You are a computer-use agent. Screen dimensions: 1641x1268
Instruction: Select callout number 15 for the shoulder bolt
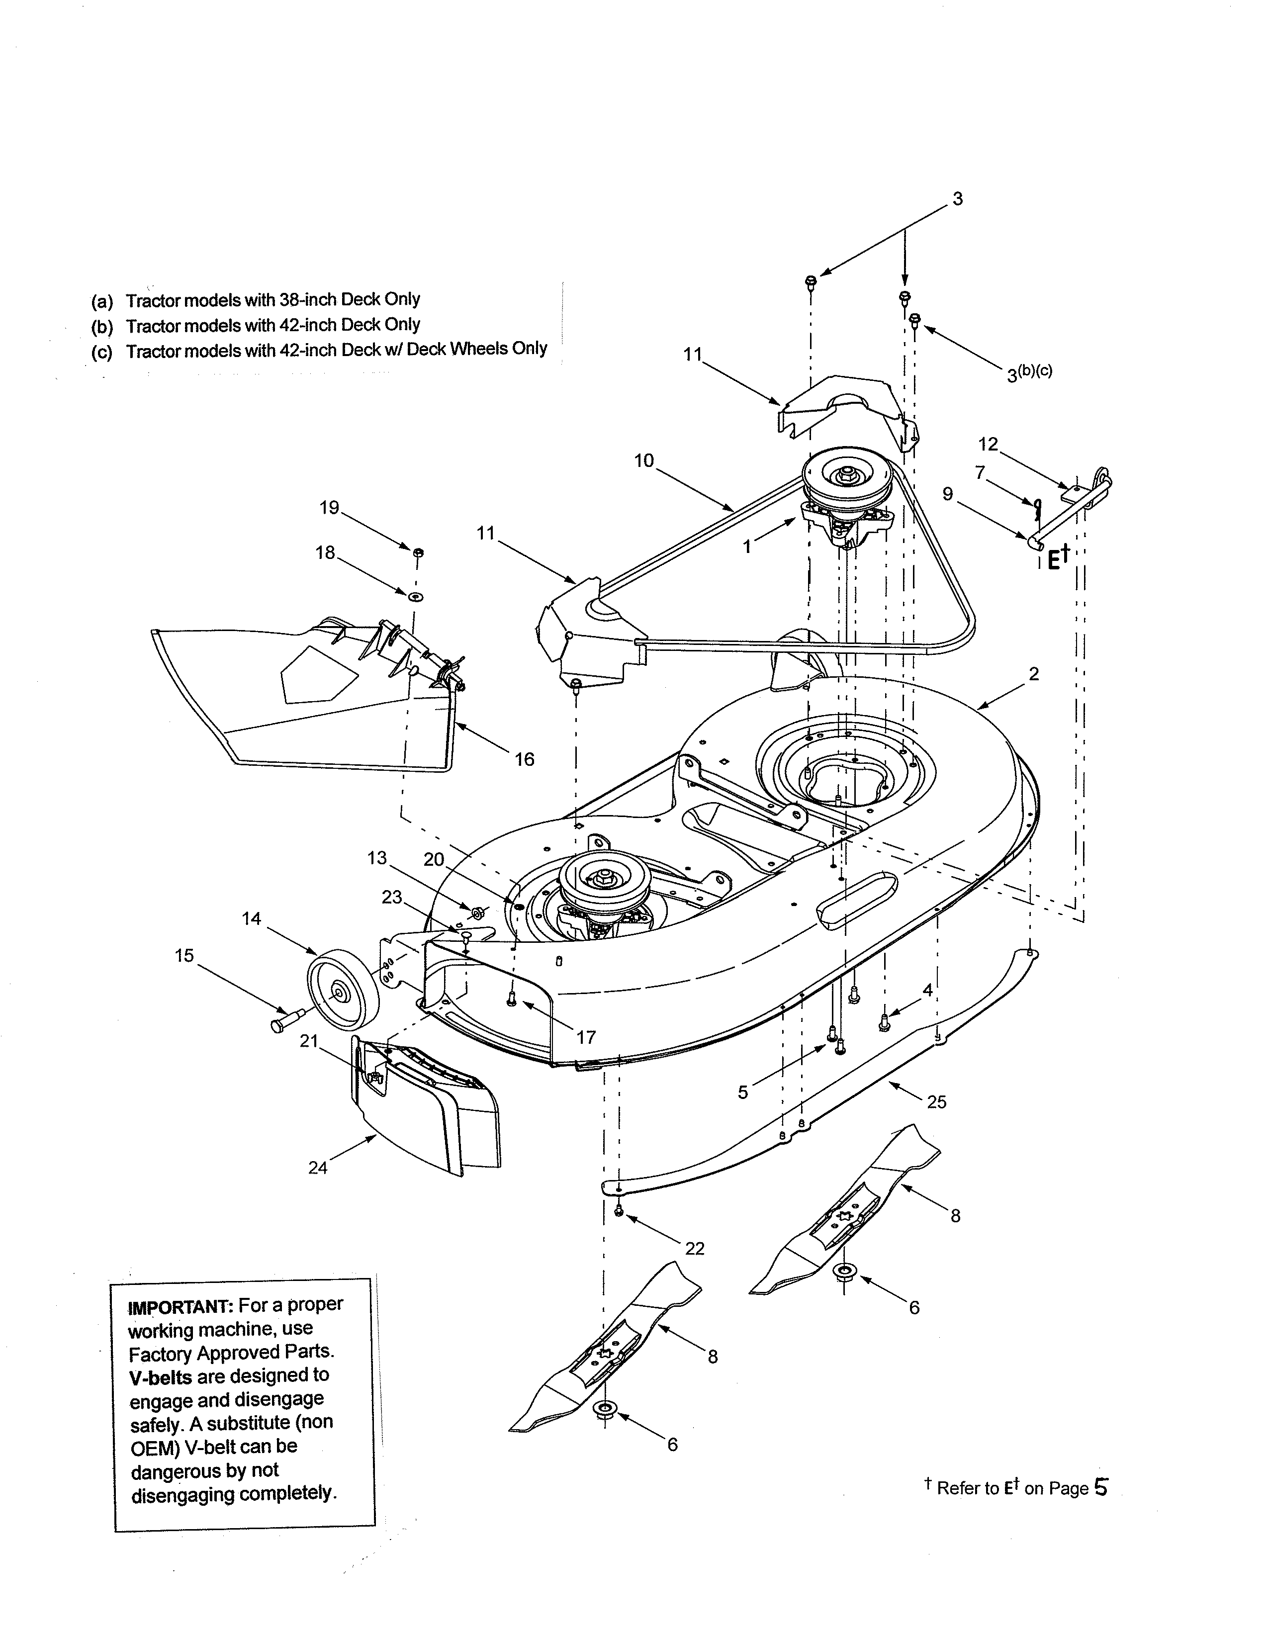184,956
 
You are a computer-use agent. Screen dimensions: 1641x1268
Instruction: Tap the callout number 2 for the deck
1034,674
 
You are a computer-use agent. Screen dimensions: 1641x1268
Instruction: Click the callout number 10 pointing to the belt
644,460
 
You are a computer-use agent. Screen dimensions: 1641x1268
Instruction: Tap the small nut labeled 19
418,553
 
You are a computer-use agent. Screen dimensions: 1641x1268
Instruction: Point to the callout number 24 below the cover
318,1168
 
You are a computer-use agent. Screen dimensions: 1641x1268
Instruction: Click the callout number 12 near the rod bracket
988,444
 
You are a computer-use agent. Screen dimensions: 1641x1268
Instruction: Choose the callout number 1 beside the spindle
747,547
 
